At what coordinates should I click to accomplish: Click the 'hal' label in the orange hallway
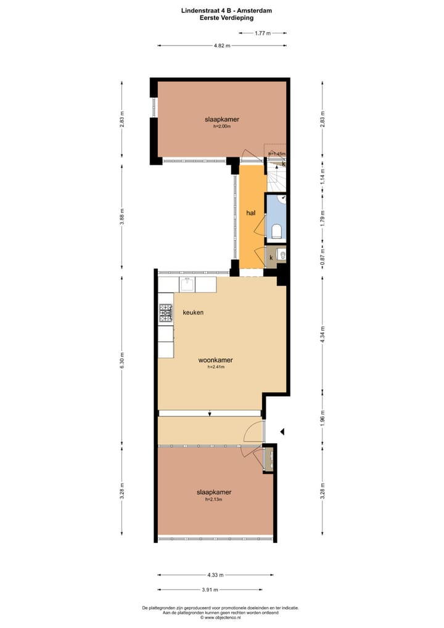pos(250,213)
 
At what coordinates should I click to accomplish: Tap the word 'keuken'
pos(193,313)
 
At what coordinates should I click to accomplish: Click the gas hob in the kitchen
pos(166,314)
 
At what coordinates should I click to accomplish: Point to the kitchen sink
pos(187,284)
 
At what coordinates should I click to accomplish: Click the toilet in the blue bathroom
pos(277,231)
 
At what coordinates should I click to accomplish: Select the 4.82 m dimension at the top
pos(222,46)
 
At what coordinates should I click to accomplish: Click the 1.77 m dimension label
pos(263,33)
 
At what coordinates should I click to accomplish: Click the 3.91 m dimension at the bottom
pos(215,587)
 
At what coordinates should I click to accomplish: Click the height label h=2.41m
pos(215,367)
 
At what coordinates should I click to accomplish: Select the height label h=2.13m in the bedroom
pos(213,500)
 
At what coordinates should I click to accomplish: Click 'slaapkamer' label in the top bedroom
pos(222,119)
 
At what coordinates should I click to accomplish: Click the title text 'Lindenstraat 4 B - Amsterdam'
pos(226,10)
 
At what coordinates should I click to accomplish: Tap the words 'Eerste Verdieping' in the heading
pos(226,18)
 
